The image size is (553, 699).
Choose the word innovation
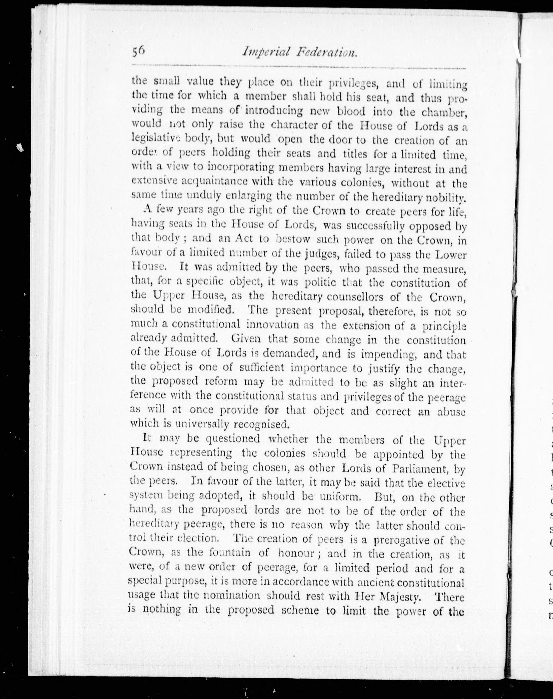tap(272, 324)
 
